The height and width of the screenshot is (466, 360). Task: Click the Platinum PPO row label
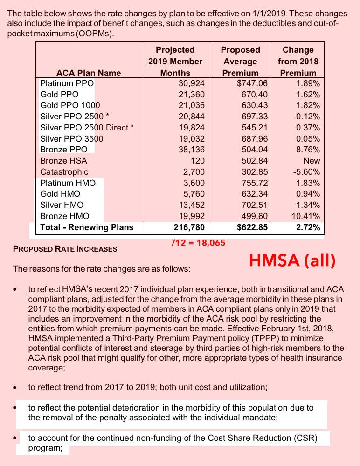pyautogui.click(x=67, y=83)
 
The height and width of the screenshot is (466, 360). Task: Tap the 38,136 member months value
pyautogui.click(x=192, y=150)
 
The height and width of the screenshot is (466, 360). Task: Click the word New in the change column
pyautogui.click(x=312, y=161)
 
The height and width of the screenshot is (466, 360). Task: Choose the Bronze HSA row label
pyautogui.click(x=64, y=161)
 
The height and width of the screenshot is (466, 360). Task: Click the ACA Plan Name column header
pyautogui.click(x=89, y=73)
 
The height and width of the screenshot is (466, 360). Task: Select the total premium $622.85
pyautogui.click(x=252, y=227)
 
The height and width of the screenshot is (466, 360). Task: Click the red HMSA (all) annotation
pyautogui.click(x=292, y=261)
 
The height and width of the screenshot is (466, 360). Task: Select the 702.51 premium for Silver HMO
pyautogui.click(x=255, y=205)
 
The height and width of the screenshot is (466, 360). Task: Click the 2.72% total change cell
pyautogui.click(x=308, y=227)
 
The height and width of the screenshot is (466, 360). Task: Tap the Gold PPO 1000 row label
pyautogui.click(x=70, y=105)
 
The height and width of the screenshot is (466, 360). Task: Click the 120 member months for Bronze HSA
pyautogui.click(x=198, y=161)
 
